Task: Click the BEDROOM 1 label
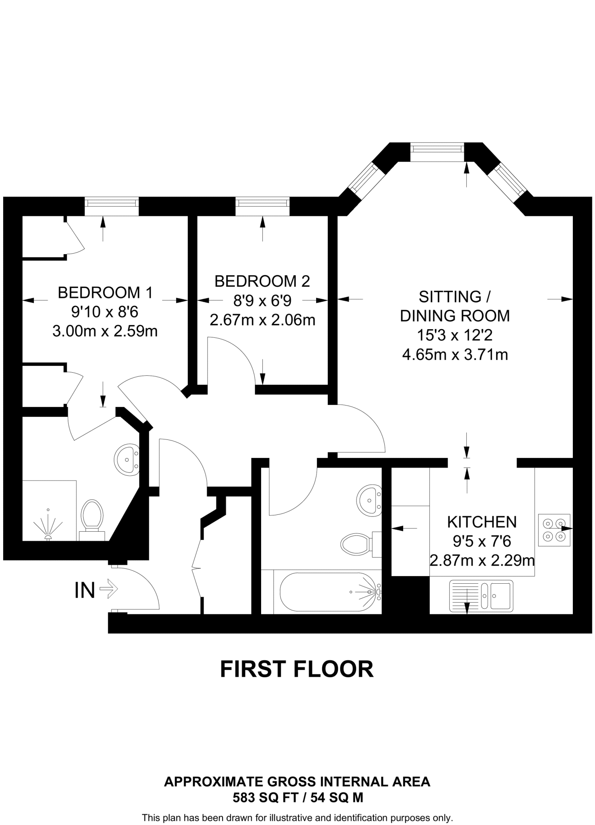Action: tap(105, 292)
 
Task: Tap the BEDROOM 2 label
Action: tap(262, 281)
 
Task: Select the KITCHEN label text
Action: tap(482, 522)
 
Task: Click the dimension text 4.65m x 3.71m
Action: tap(455, 355)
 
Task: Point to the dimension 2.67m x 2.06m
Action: tap(262, 320)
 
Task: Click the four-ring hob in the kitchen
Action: tap(554, 530)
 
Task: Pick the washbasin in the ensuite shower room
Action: tap(127, 459)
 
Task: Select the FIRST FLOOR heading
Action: tap(297, 670)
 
